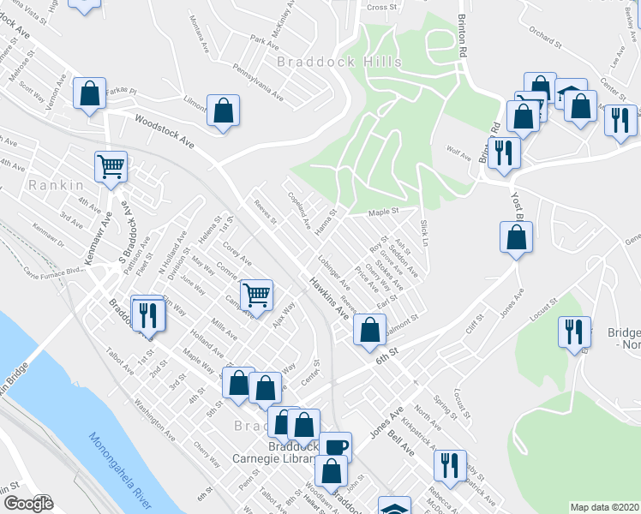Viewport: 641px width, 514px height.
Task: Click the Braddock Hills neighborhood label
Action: [327, 62]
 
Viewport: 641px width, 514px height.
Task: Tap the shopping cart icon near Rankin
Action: [111, 167]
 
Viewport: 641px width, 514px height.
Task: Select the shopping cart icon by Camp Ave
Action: [257, 295]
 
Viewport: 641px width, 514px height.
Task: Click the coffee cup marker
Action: [336, 446]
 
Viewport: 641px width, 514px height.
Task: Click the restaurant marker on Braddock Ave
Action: [148, 314]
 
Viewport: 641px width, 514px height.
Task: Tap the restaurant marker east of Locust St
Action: [573, 332]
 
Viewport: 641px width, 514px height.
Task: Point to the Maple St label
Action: [384, 211]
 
